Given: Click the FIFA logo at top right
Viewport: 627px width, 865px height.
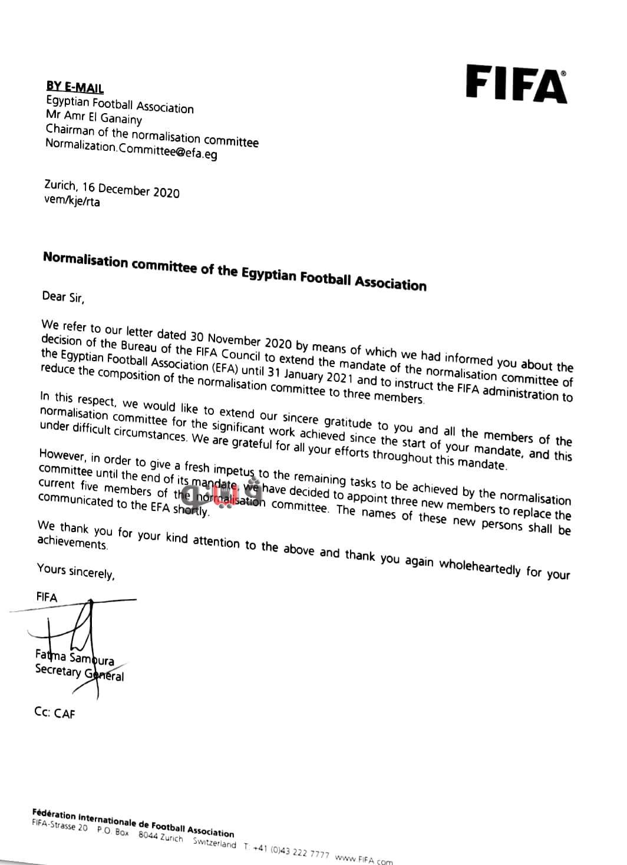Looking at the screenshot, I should (516, 84).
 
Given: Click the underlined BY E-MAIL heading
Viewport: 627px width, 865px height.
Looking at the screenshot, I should (75, 88).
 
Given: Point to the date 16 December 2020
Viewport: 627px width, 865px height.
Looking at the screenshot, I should (131, 190).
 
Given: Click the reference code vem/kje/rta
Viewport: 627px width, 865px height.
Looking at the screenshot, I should (72, 202).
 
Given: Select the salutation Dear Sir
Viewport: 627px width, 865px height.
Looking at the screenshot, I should (63, 296).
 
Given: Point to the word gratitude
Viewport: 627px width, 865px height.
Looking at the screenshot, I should (348, 422).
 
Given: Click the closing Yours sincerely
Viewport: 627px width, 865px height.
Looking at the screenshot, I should (75, 570).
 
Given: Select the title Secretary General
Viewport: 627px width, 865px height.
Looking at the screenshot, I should (79, 672).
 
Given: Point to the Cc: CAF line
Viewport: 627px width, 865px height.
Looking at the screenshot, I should (55, 713).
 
